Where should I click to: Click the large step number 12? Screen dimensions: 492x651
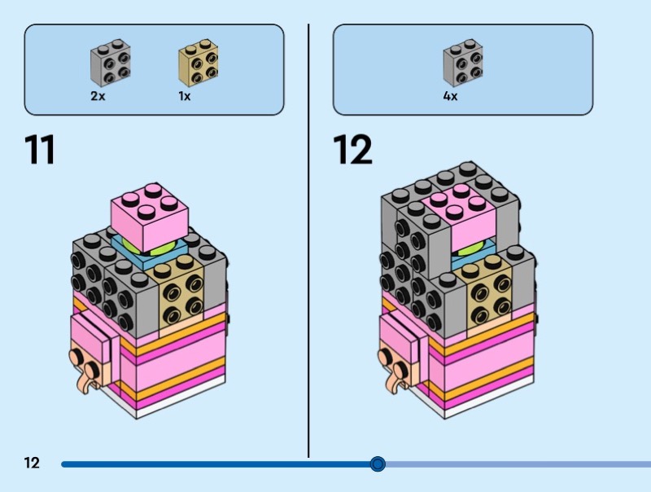click(x=352, y=150)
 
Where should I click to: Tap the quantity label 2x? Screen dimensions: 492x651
click(x=98, y=96)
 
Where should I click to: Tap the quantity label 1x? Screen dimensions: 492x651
click(x=185, y=96)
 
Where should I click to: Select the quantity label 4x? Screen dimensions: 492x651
click(x=450, y=96)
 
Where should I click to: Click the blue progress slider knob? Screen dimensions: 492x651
click(x=377, y=464)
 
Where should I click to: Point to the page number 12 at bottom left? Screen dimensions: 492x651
click(x=32, y=463)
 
